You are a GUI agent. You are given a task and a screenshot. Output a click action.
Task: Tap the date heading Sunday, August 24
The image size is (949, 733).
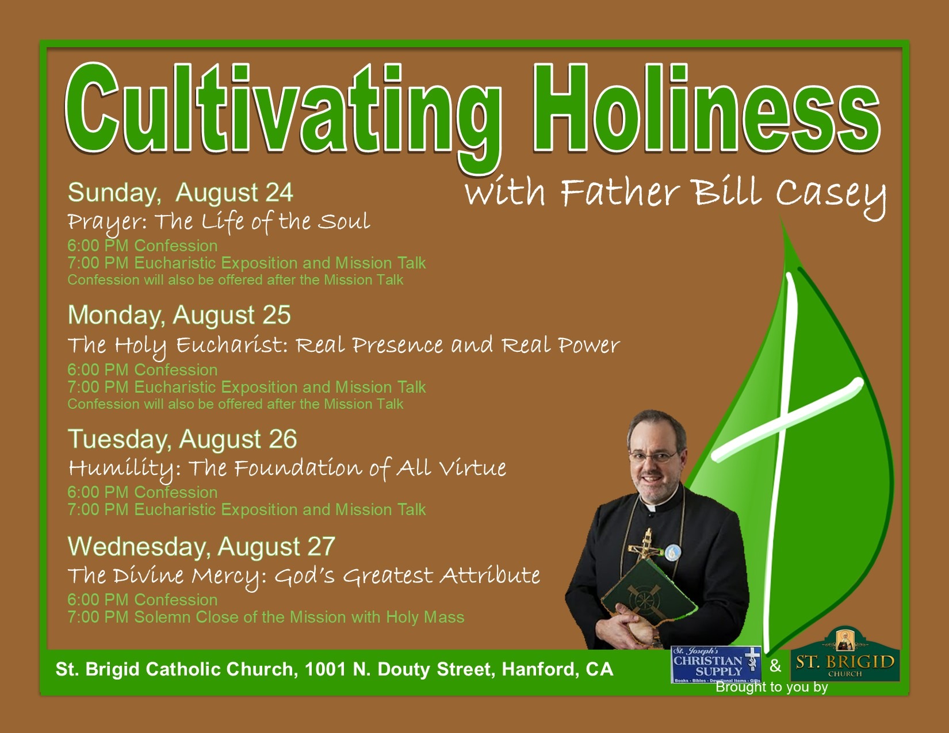tap(181, 193)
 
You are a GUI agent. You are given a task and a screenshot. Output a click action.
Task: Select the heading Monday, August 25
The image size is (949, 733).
tap(179, 315)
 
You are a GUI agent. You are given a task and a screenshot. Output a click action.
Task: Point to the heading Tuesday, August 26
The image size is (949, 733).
tap(182, 439)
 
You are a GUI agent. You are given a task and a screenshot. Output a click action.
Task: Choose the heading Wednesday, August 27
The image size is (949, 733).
tap(201, 547)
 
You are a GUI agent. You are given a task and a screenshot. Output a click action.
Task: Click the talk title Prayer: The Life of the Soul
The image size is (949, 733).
tap(219, 222)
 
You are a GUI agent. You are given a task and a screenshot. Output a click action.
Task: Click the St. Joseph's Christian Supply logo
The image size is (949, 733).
tap(716, 665)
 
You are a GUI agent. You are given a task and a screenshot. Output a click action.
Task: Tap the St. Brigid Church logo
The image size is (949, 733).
tap(845, 655)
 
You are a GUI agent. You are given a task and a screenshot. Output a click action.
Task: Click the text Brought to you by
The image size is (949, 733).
tap(772, 687)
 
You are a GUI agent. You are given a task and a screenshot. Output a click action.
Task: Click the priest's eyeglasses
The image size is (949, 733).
tap(653, 457)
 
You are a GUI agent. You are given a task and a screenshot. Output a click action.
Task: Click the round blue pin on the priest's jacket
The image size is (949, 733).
tap(672, 552)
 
